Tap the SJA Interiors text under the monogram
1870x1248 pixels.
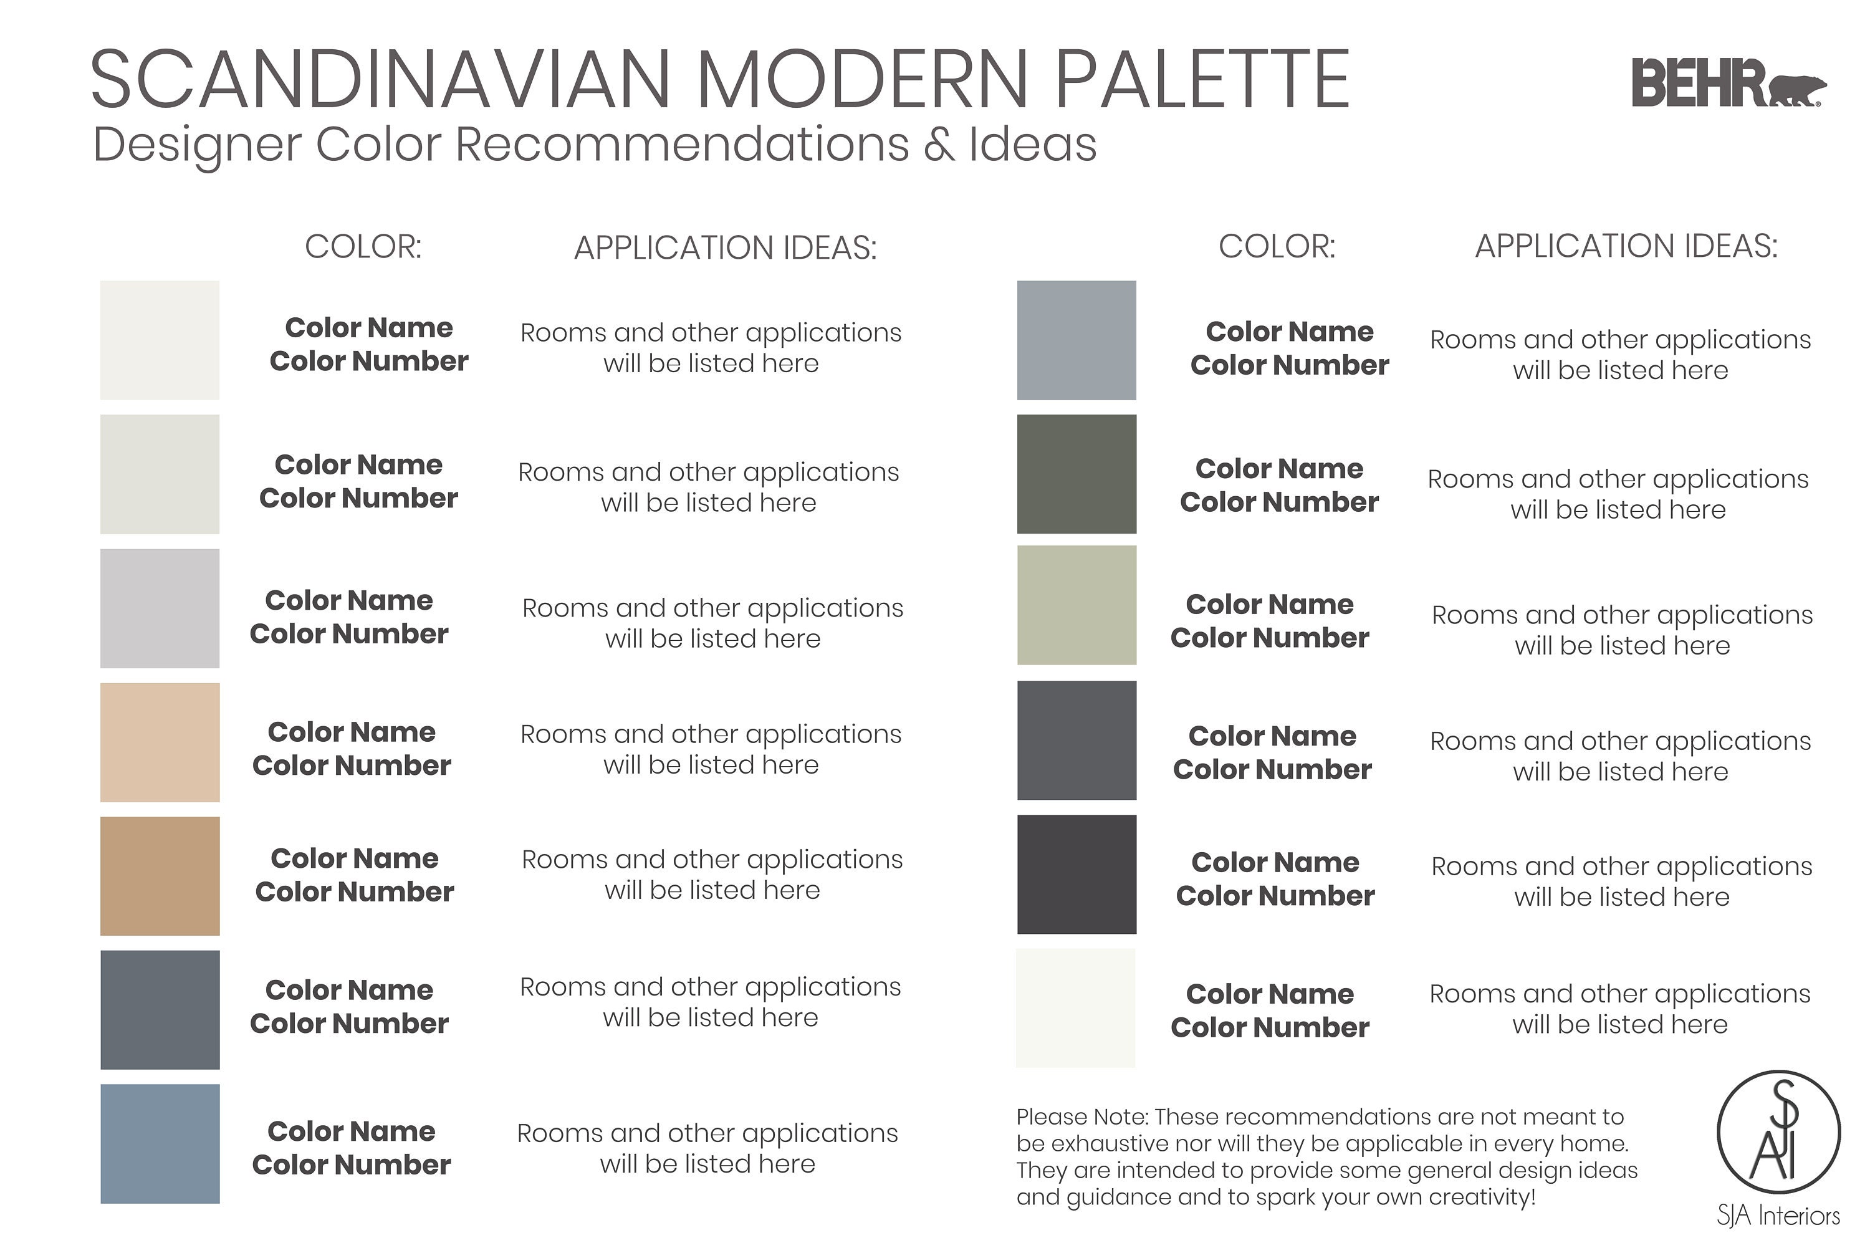coord(1778,1216)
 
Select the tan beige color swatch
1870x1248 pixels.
coord(160,742)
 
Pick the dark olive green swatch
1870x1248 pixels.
coord(1076,474)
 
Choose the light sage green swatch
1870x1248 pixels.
coord(1076,605)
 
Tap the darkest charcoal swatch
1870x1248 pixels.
coord(1076,874)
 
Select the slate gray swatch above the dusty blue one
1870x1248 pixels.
coord(160,1009)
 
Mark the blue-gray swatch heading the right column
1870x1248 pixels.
coord(1076,340)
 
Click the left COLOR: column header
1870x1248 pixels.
coord(363,247)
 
